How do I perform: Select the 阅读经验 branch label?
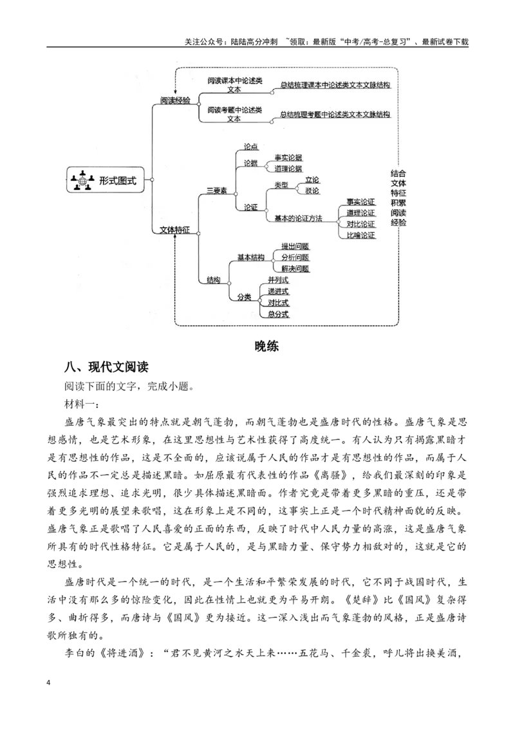pyautogui.click(x=175, y=100)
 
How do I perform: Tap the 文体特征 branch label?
pyautogui.click(x=174, y=230)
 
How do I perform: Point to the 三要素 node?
pyautogui.click(x=217, y=191)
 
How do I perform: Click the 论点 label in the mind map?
pyautogui.click(x=251, y=147)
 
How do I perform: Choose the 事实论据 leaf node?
pyautogui.click(x=288, y=158)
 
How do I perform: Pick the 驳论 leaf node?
pyautogui.click(x=312, y=191)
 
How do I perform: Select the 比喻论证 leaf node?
pyautogui.click(x=360, y=235)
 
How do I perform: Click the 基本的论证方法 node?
pyautogui.click(x=298, y=218)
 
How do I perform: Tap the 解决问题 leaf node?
pyautogui.click(x=295, y=269)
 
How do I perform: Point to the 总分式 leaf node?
pyautogui.click(x=278, y=314)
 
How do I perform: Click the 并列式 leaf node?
pyautogui.click(x=278, y=280)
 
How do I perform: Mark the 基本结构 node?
pyautogui.click(x=251, y=257)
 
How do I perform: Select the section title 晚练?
pyautogui.click(x=267, y=346)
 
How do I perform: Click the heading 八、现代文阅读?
pyautogui.click(x=106, y=367)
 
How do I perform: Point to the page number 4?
pyautogui.click(x=49, y=682)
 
